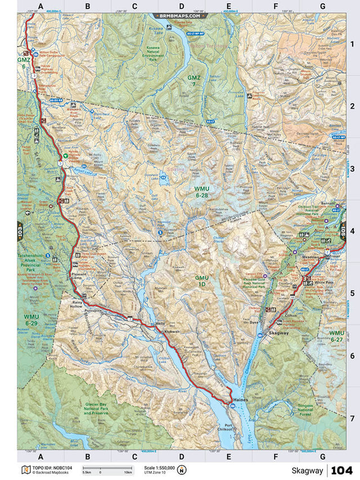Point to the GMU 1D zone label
pyautogui.click(x=202, y=281)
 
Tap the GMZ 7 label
pyautogui.click(x=194, y=80)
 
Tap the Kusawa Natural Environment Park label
pyautogui.click(x=154, y=52)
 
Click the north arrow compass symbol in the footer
pyautogui.click(x=182, y=470)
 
